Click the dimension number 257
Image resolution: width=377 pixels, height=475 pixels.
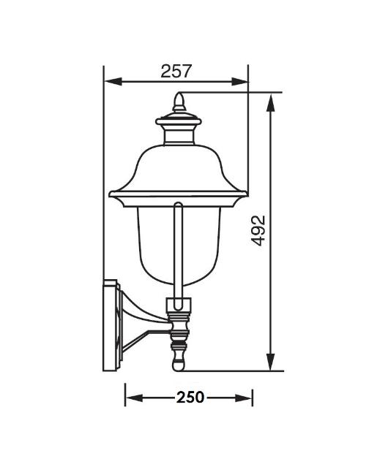tap(176, 71)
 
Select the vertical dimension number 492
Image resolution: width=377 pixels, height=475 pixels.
tap(258, 230)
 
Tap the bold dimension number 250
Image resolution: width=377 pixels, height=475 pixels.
tap(190, 397)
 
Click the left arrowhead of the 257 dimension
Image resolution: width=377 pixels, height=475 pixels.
tap(113, 81)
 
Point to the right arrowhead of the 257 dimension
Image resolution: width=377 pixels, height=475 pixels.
tap(239, 81)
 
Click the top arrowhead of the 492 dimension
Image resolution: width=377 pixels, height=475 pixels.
tap(270, 102)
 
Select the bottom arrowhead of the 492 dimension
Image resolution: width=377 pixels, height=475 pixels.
tap(270, 362)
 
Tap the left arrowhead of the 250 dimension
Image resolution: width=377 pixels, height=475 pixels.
tap(134, 398)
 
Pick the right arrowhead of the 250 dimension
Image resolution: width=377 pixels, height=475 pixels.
tap(244, 398)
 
